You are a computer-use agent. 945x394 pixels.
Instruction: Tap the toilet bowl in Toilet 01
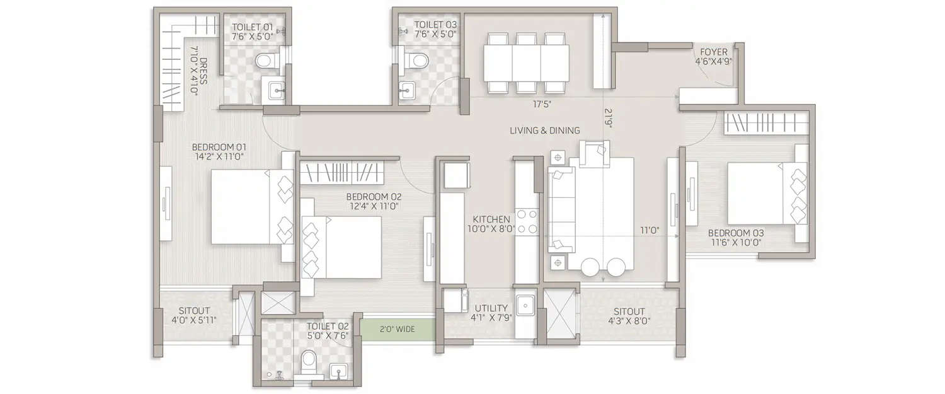coord(265,62)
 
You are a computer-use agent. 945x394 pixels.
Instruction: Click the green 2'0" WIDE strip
coord(398,328)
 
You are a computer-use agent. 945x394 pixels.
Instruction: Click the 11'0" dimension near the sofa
coord(650,231)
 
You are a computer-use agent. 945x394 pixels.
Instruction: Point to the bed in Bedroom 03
coord(767,193)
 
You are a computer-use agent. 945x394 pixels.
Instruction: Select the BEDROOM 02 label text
coord(374,200)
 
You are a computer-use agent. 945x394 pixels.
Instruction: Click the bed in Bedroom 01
coord(251,207)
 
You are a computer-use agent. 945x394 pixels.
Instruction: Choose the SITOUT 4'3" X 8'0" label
coord(629,316)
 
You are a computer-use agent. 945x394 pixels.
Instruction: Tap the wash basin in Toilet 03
coord(407,90)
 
